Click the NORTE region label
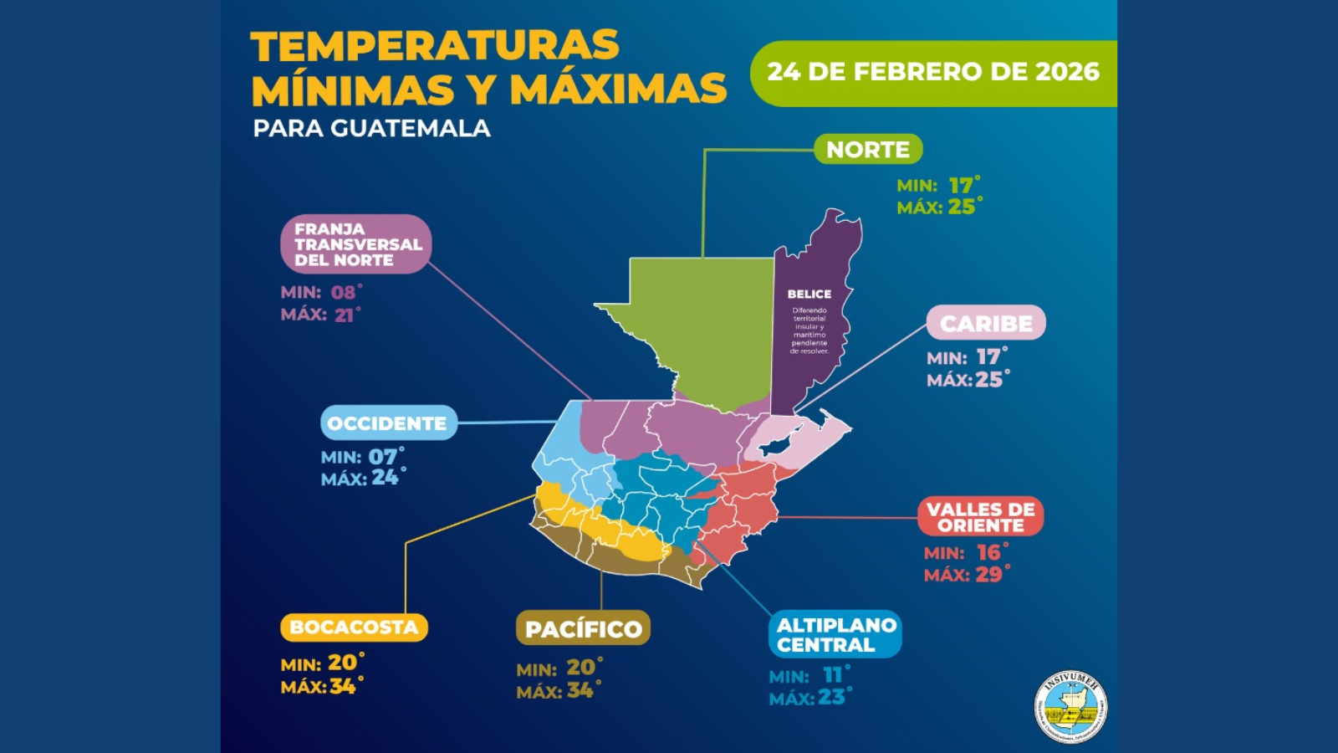[868, 149]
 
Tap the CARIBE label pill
[986, 323]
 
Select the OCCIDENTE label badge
[388, 423]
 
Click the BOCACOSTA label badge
[354, 627]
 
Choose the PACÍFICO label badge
[583, 628]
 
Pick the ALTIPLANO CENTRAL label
[835, 634]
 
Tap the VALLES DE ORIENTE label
[980, 517]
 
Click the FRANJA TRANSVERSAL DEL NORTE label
[356, 244]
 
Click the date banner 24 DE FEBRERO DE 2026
[933, 73]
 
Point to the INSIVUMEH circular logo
[1071, 707]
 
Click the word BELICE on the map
[809, 295]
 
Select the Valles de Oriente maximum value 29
[988, 575]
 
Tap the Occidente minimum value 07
[383, 457]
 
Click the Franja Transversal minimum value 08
[344, 293]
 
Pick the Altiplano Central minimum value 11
[833, 675]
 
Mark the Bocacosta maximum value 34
[342, 687]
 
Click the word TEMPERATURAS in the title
[435, 46]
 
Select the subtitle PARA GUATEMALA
[371, 128]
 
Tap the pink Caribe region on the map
[794, 439]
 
